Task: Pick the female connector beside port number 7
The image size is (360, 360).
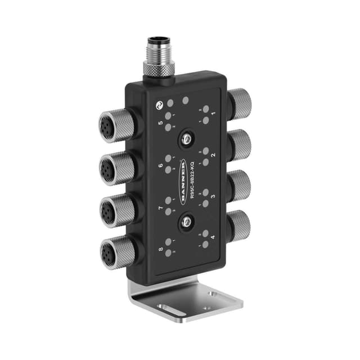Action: point(114,210)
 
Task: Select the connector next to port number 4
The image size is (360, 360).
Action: point(240,224)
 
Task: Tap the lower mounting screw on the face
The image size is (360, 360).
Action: point(183,224)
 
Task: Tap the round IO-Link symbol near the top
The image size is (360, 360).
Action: point(159,105)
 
